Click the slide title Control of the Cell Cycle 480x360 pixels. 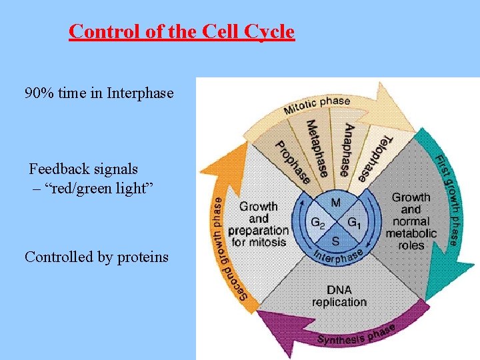click(181, 31)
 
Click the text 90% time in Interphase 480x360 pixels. click(99, 93)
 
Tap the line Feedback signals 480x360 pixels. click(83, 169)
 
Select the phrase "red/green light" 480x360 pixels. click(93, 188)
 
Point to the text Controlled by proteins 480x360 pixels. click(97, 257)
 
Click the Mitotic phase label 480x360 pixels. click(317, 105)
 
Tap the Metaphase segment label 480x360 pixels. click(318, 147)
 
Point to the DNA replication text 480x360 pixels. click(339, 296)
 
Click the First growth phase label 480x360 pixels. click(447, 200)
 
